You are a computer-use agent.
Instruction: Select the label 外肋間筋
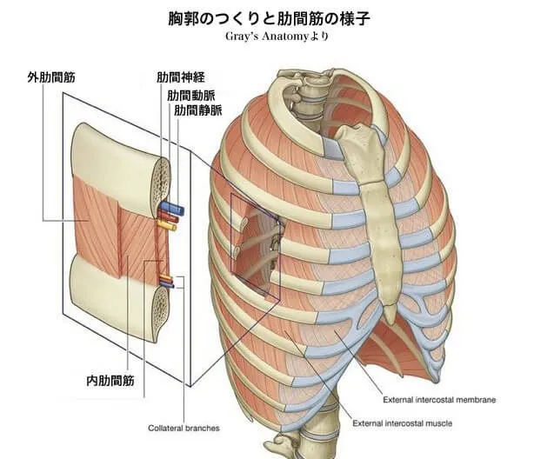coord(51,77)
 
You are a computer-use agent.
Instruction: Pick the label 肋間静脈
coord(197,110)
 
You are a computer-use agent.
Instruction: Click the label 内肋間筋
coord(110,380)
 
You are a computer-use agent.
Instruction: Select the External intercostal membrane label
coord(439,400)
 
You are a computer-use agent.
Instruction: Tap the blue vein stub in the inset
coord(170,210)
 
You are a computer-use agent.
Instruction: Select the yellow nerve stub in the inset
coord(166,226)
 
